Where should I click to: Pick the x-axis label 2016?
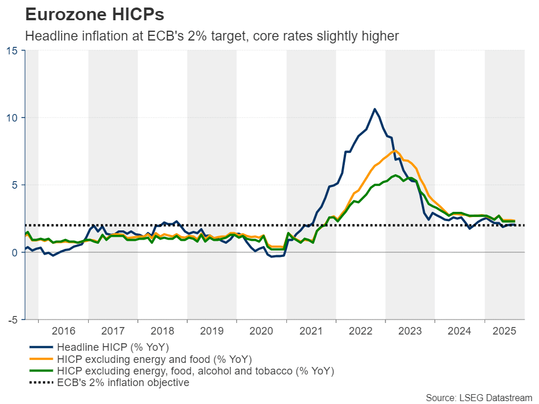63,332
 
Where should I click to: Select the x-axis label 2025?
504,332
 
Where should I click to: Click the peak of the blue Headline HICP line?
374,109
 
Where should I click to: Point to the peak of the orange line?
394,151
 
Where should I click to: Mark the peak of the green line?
395,175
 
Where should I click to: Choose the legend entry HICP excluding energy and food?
154,359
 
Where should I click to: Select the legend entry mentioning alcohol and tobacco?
196,370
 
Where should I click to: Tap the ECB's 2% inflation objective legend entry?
123,383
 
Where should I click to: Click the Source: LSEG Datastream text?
479,398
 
